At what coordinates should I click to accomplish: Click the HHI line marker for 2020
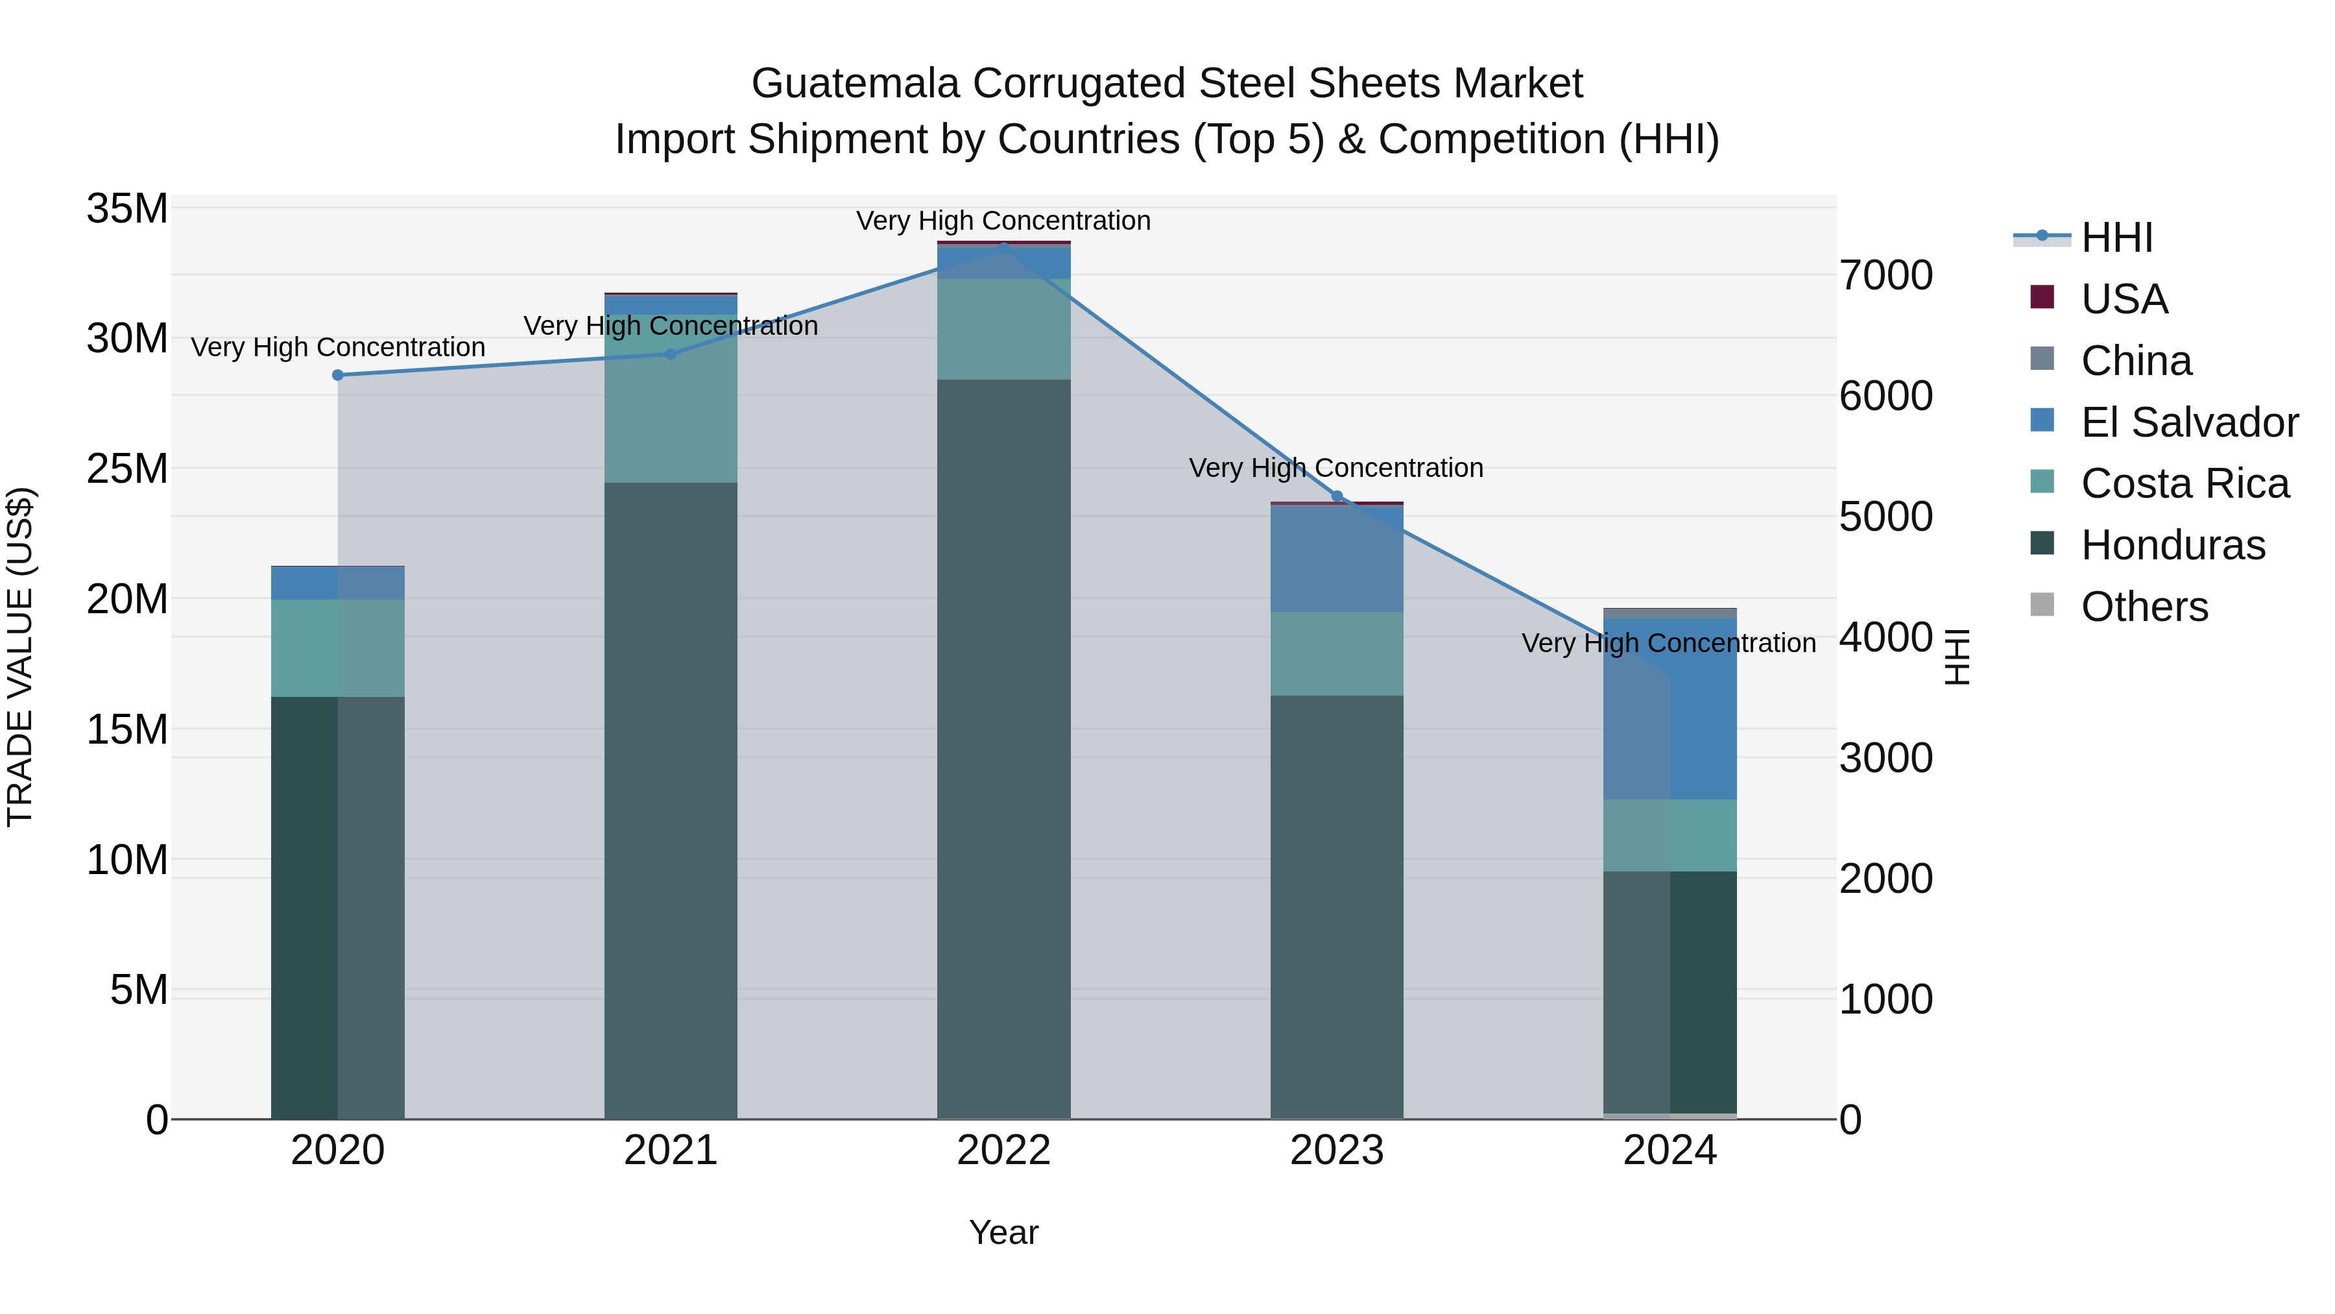coord(337,374)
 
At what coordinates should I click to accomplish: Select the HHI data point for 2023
coord(1336,496)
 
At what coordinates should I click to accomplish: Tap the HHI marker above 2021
coord(671,354)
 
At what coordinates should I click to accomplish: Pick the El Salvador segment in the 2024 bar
coord(1670,708)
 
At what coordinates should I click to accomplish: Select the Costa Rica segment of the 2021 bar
coord(671,398)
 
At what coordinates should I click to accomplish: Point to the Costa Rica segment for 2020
coord(337,648)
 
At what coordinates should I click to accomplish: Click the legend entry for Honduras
coord(2173,545)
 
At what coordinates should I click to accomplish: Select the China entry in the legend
coord(2136,360)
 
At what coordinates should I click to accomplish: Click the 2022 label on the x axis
coord(1003,1150)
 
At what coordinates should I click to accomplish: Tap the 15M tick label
coord(127,729)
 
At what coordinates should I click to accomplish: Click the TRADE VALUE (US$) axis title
coord(20,657)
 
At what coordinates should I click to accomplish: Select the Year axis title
coord(1003,1232)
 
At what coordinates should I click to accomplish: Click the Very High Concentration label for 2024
coord(1668,643)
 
